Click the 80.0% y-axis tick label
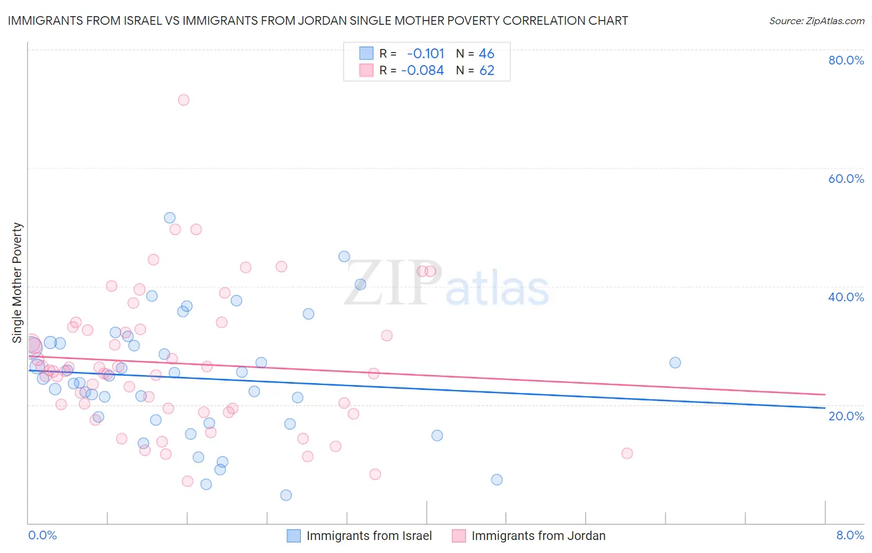coord(846,60)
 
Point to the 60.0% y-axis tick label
coord(846,179)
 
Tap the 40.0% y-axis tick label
coord(846,297)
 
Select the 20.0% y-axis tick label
coord(846,415)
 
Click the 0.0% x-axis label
coord(42,535)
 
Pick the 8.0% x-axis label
coord(850,535)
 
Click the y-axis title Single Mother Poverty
coord(17,283)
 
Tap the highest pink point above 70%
coord(184,100)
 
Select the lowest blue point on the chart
coord(286,495)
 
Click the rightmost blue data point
coord(675,363)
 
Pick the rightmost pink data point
coord(627,453)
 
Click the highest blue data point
coord(170,218)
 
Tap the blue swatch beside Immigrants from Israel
coord(294,536)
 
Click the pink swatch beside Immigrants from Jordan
coord(459,536)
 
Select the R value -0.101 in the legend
coord(425,54)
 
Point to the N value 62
coord(487,71)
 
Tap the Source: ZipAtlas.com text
coord(816,20)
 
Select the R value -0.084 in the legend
coord(422,71)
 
